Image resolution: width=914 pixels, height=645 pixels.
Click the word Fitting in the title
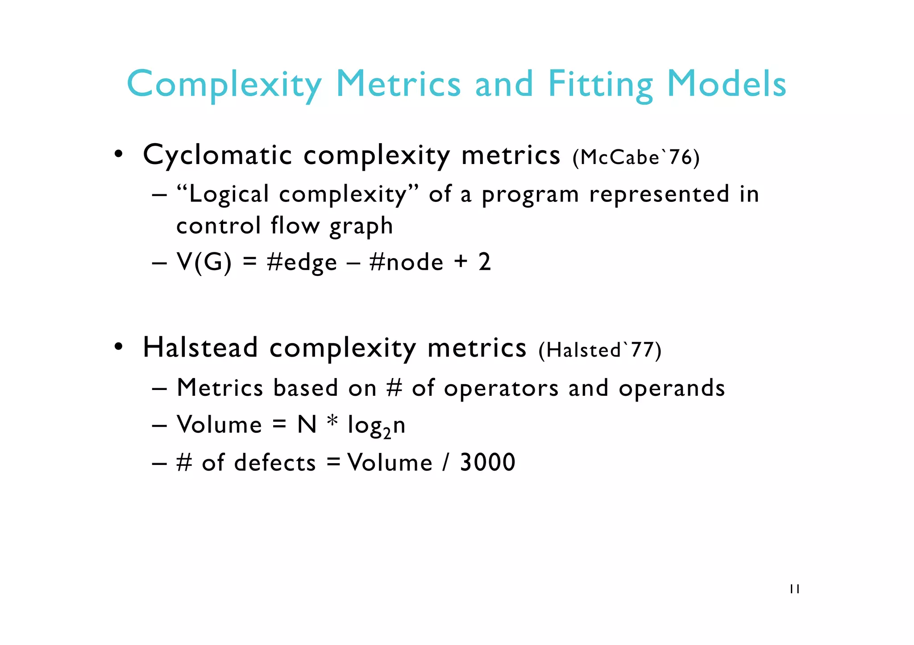tap(600, 85)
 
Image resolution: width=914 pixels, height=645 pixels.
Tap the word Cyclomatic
tap(217, 156)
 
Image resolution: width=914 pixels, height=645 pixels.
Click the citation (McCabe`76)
tap(636, 157)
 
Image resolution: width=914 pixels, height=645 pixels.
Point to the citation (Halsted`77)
tap(600, 350)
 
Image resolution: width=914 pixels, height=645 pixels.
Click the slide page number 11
tap(794, 589)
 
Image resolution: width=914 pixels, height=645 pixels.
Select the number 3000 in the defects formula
tap(487, 462)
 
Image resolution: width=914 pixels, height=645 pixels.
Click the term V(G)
tap(204, 262)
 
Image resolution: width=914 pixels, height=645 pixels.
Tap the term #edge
tap(302, 263)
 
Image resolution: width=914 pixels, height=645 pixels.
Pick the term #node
tap(407, 262)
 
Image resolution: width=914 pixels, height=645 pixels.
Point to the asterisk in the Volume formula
tap(332, 421)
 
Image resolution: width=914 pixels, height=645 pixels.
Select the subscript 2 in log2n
tap(386, 433)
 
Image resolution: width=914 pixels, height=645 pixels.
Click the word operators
tap(501, 388)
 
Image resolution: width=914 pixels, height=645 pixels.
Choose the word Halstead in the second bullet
tap(200, 348)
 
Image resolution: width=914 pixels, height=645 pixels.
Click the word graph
tap(361, 226)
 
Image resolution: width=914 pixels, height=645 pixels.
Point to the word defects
tap(275, 462)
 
